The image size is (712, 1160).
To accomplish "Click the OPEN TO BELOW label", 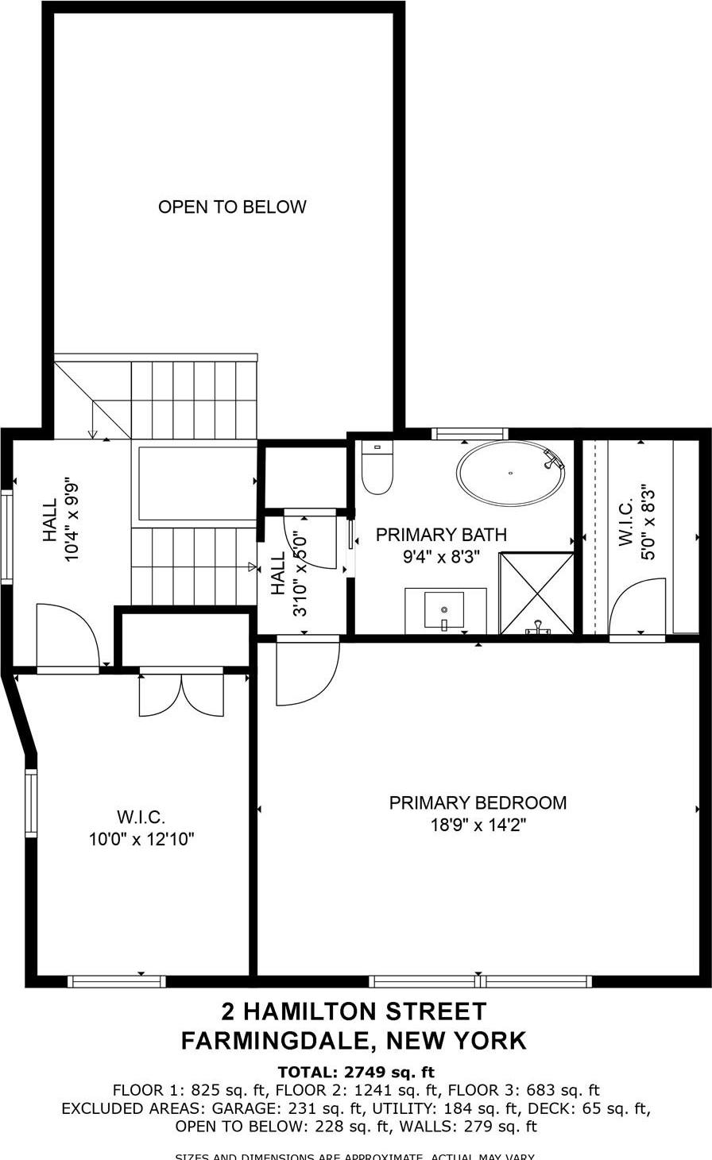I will click(x=232, y=207).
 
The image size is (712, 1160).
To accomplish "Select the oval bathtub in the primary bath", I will click(x=512, y=473).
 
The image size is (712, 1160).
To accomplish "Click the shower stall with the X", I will click(x=536, y=594).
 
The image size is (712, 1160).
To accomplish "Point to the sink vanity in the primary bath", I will click(x=445, y=610).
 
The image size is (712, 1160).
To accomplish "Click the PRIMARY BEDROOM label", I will click(x=478, y=803).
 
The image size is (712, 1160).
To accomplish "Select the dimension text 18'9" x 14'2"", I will click(x=478, y=826).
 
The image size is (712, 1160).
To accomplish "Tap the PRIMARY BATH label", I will click(x=441, y=535).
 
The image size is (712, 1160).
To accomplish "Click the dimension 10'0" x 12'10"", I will click(x=141, y=839).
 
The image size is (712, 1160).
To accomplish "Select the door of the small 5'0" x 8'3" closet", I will click(x=638, y=608).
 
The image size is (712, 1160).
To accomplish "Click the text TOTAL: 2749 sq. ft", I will click(x=356, y=1072).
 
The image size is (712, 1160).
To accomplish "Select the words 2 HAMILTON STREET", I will click(x=354, y=1011).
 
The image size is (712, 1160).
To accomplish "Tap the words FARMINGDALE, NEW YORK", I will click(x=354, y=1040).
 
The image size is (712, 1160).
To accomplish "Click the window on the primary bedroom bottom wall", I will click(x=481, y=981).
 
